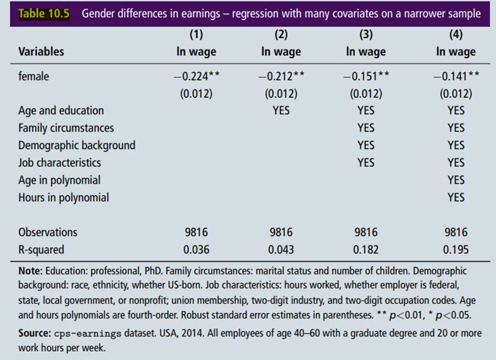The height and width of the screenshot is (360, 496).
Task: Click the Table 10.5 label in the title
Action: [x=44, y=14]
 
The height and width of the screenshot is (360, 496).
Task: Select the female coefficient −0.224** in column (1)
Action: [x=196, y=76]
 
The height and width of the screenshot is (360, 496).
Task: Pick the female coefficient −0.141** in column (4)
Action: [x=455, y=76]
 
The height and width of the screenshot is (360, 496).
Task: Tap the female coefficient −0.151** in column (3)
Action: [x=366, y=76]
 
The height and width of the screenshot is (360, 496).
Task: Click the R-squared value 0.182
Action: [x=366, y=250]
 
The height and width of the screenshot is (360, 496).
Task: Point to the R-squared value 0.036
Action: [x=196, y=250]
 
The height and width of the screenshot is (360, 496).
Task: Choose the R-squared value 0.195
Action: [x=455, y=250]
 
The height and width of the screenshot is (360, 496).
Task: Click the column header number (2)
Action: [x=281, y=35]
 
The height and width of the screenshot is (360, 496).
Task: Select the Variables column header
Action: [x=41, y=52]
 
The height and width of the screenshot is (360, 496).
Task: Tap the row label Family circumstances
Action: [x=66, y=128]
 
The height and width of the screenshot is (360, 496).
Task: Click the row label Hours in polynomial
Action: [x=63, y=197]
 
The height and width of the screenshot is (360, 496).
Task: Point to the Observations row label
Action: [x=48, y=232]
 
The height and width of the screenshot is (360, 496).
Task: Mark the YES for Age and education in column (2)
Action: [x=281, y=110]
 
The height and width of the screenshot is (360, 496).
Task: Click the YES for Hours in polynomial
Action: [x=455, y=197]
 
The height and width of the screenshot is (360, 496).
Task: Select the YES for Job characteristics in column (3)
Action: [x=366, y=163]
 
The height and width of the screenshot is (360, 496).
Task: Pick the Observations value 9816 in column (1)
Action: [x=196, y=232]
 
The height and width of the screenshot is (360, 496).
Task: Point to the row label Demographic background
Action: [x=76, y=146]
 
